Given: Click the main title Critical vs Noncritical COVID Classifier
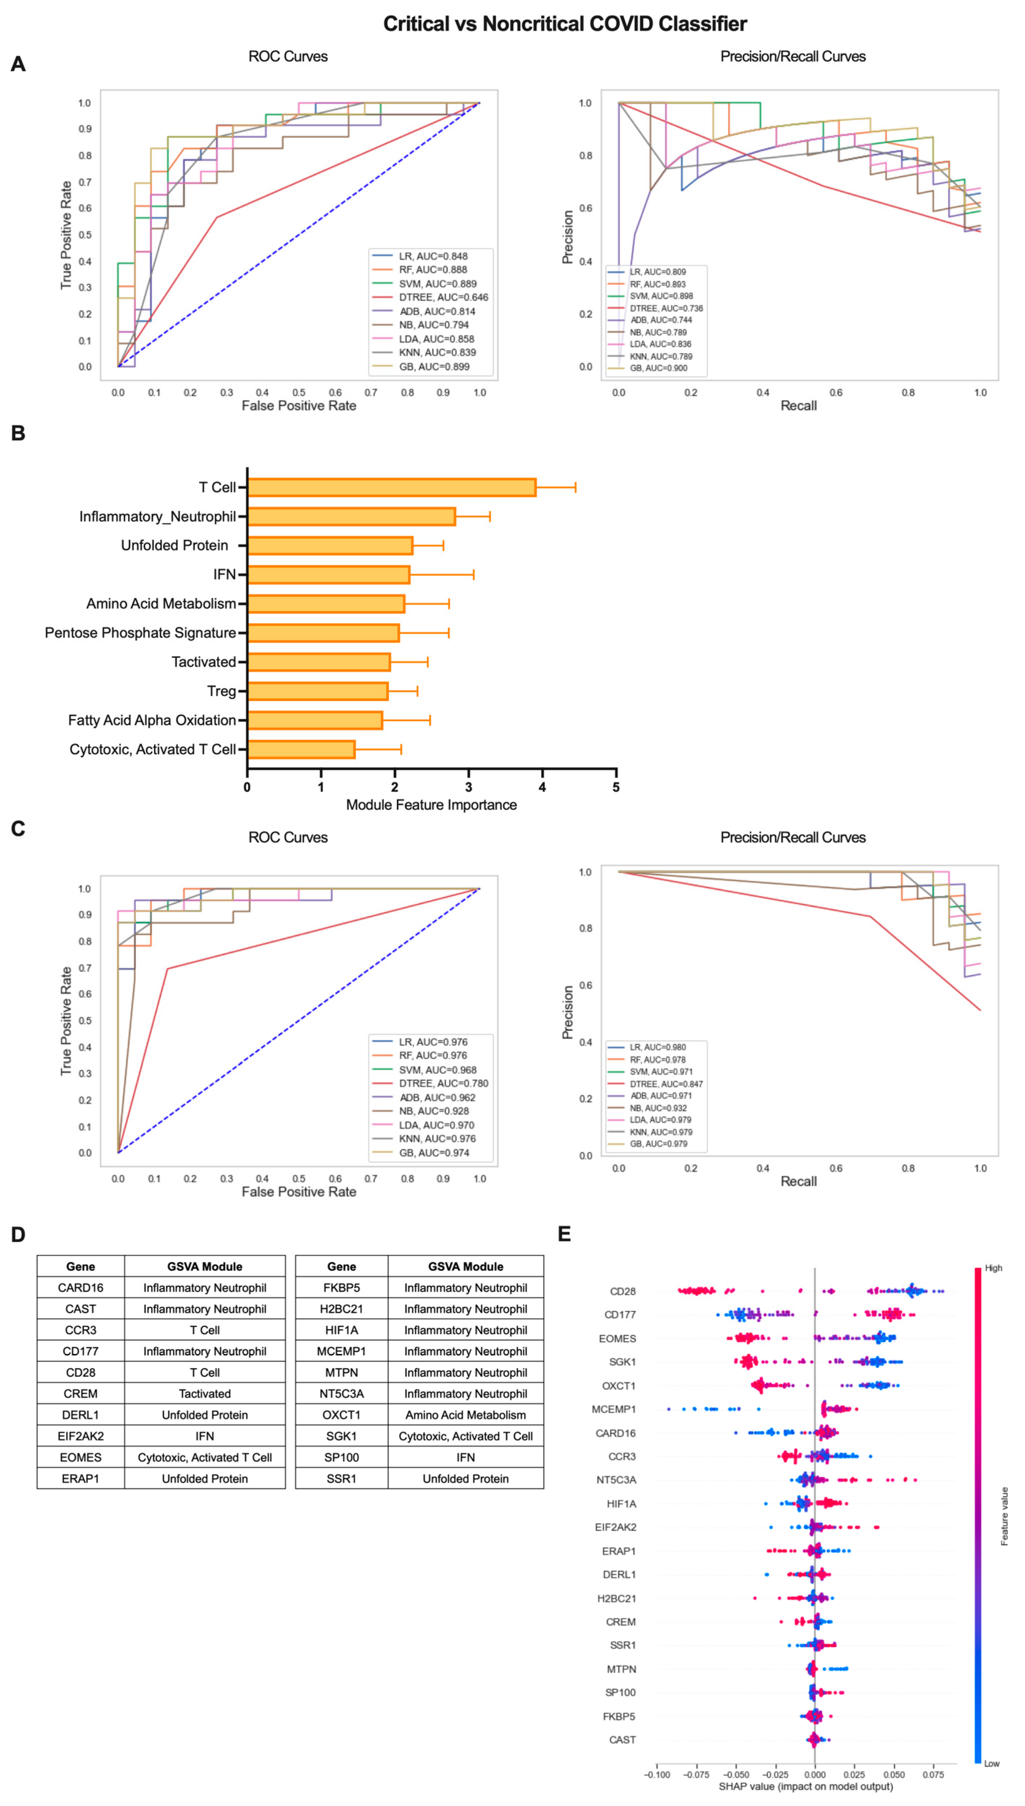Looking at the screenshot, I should pyautogui.click(x=565, y=24).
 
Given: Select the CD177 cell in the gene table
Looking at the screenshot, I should pyautogui.click(x=80, y=1351).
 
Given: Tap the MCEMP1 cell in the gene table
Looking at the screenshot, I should pyautogui.click(x=341, y=1351).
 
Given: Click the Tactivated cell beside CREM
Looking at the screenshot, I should pyautogui.click(x=204, y=1394).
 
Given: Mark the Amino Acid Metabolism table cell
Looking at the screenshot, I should pyautogui.click(x=465, y=1415).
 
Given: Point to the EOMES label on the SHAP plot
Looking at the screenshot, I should pyautogui.click(x=617, y=1339).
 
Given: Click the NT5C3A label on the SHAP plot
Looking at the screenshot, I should pyautogui.click(x=616, y=1480).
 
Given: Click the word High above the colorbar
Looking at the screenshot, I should pyautogui.click(x=993, y=1268).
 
